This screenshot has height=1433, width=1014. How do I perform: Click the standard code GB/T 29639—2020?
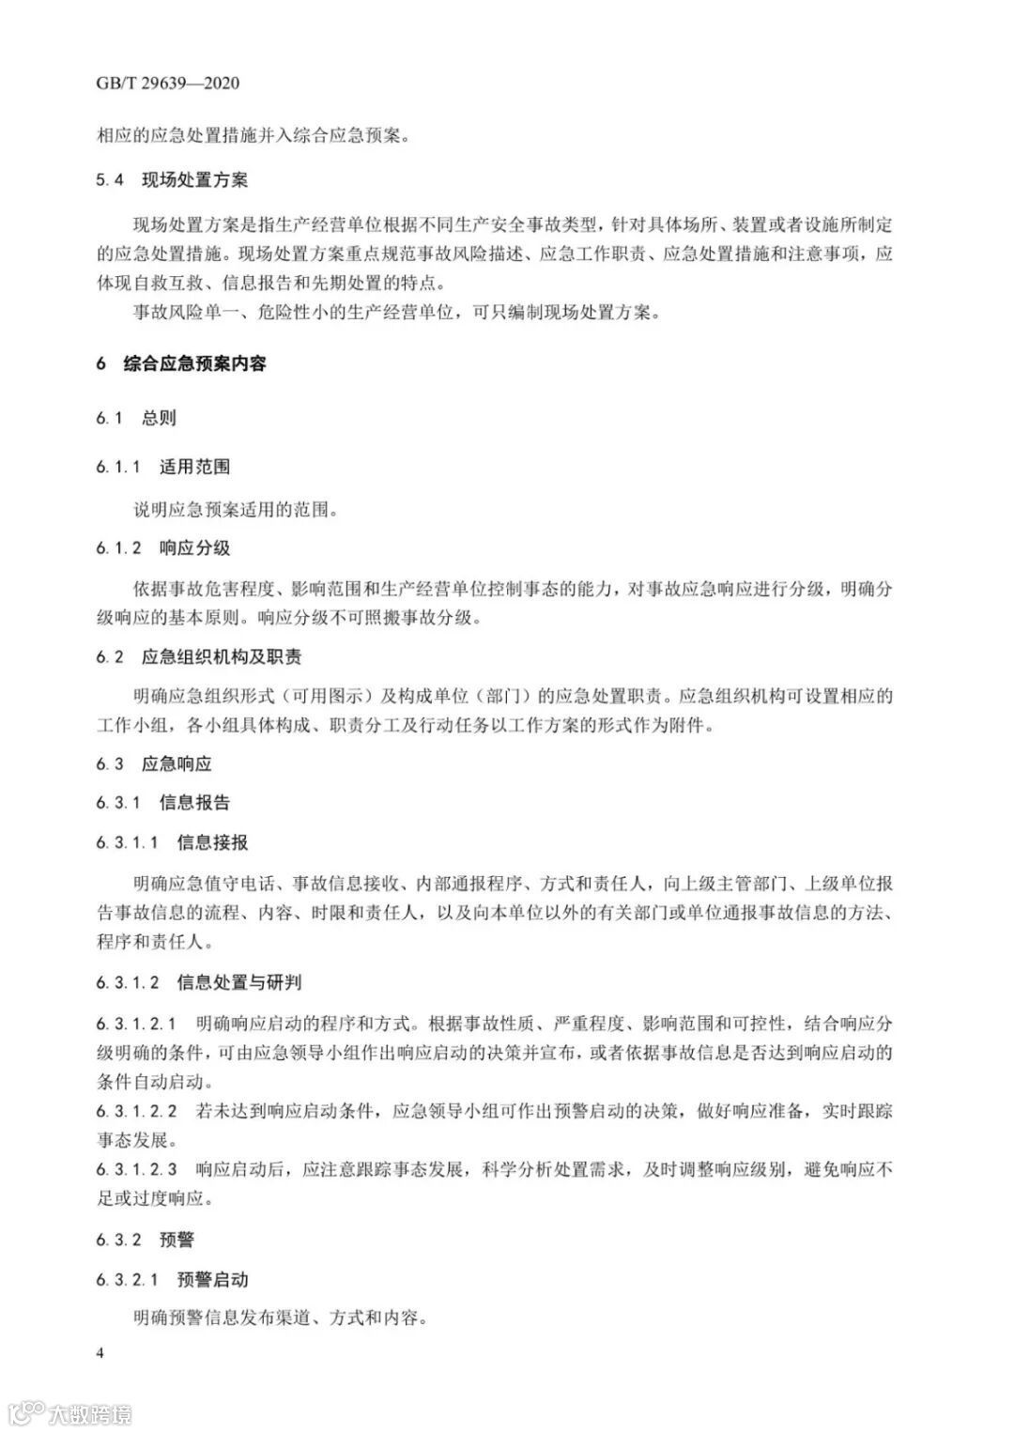tap(167, 83)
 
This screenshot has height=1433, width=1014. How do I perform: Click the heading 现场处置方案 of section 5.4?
tap(194, 179)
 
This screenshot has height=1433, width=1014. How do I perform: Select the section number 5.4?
tap(110, 179)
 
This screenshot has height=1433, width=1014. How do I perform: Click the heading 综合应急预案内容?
tap(194, 363)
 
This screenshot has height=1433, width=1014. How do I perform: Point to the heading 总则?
tap(159, 418)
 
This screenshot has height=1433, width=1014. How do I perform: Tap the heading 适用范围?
tap(194, 467)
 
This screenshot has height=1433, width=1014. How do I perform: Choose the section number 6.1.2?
tap(118, 548)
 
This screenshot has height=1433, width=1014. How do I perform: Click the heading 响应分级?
tap(194, 548)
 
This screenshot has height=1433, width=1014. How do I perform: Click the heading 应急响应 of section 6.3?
tap(177, 763)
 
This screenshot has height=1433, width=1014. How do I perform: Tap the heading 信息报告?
tap(194, 803)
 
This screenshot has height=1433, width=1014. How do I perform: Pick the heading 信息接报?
tap(212, 842)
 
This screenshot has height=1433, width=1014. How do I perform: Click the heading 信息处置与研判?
tap(238, 983)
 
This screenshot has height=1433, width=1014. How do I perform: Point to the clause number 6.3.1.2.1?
tap(136, 1023)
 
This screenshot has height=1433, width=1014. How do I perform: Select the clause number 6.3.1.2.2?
tap(136, 1111)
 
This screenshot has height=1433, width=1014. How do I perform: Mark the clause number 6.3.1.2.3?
tap(136, 1169)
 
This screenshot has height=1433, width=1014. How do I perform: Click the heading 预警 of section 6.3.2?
tap(177, 1240)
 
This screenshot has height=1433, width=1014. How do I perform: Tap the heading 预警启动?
tap(212, 1279)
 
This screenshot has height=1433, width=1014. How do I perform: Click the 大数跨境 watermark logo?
tap(71, 1412)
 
